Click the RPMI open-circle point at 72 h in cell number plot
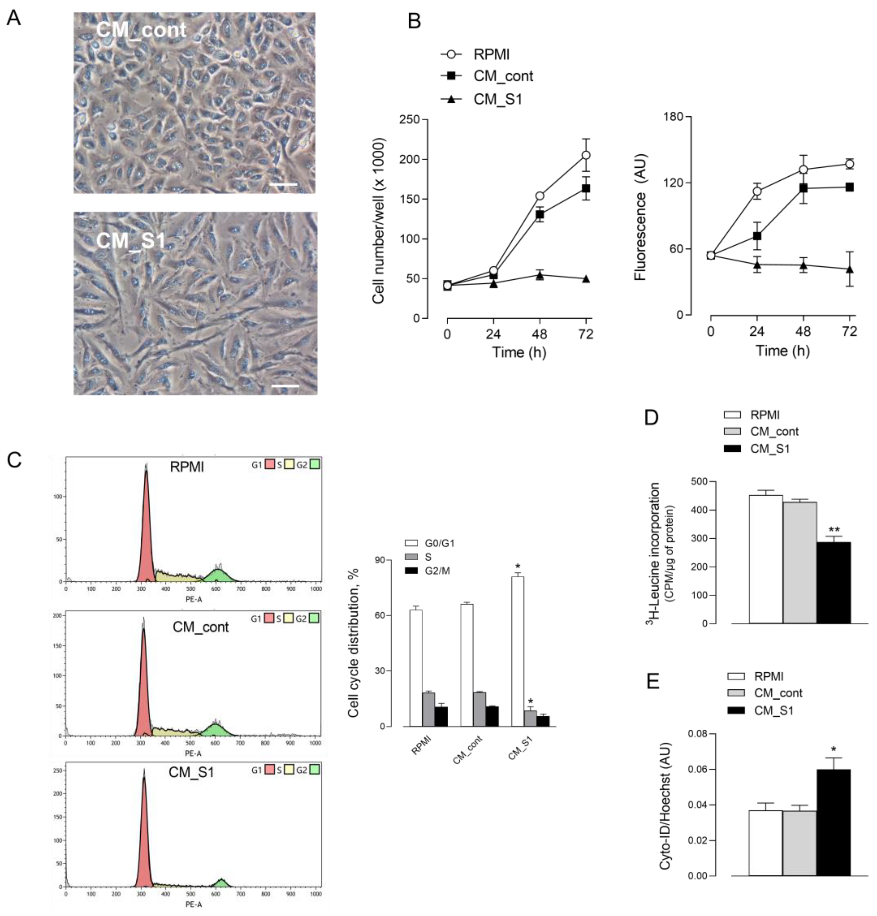[x=585, y=155]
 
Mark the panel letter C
[x=14, y=460]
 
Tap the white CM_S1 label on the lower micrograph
[x=131, y=241]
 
